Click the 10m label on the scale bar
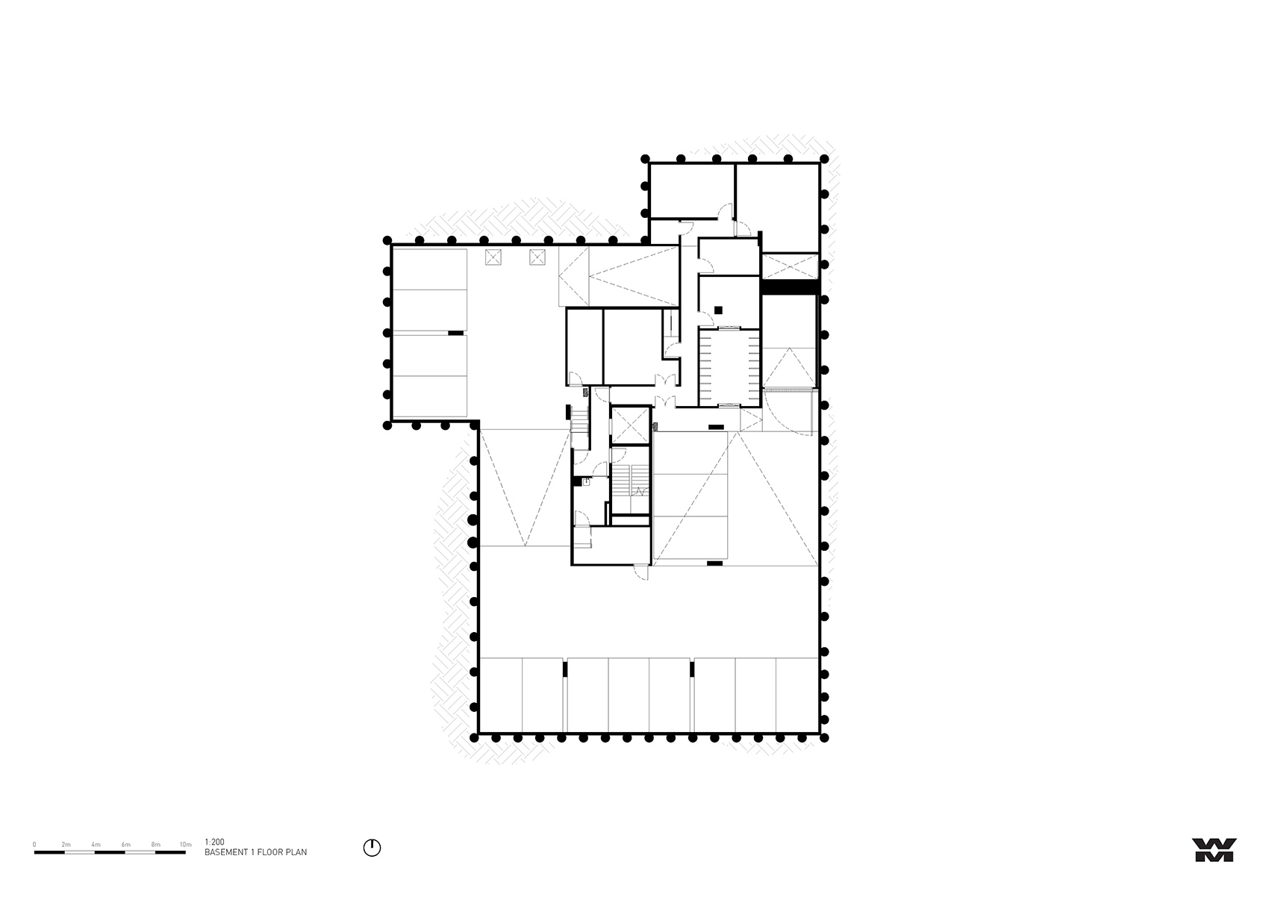point(186,845)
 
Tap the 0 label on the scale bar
point(34,845)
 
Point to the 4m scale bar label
point(96,845)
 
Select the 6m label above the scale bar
point(125,845)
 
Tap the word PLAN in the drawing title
point(298,852)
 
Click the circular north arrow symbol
point(372,848)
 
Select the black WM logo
point(1215,849)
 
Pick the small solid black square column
point(718,310)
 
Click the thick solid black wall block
point(790,287)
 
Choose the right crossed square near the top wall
point(538,258)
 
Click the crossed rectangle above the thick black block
point(790,266)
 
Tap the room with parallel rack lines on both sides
point(729,366)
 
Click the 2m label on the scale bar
point(66,845)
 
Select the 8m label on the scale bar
point(155,845)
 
